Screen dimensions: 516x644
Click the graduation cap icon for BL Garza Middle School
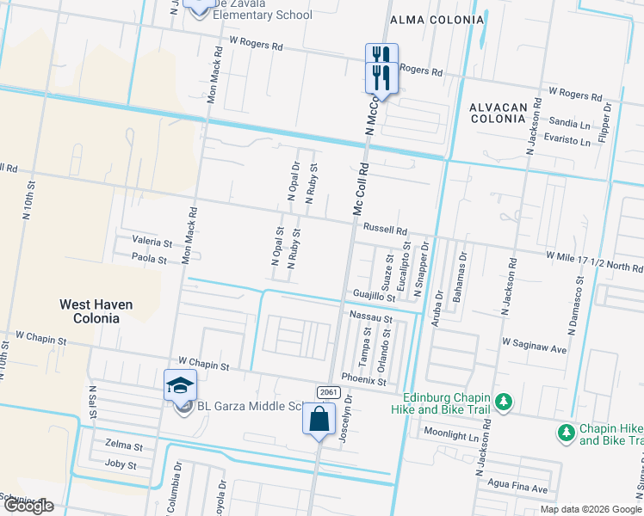pos(181,385)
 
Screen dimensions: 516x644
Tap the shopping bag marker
pos(319,420)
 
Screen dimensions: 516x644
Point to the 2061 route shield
pos(327,392)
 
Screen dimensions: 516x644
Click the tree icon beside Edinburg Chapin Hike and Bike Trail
pos(505,402)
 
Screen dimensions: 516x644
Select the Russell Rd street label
pos(384,230)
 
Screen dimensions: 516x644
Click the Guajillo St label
pos(374,298)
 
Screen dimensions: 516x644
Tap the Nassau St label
pos(371,317)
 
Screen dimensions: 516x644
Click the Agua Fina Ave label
pos(517,488)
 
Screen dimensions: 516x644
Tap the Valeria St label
pos(152,243)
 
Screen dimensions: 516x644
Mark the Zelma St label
pos(123,445)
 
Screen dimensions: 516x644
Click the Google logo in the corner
pos(28,506)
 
